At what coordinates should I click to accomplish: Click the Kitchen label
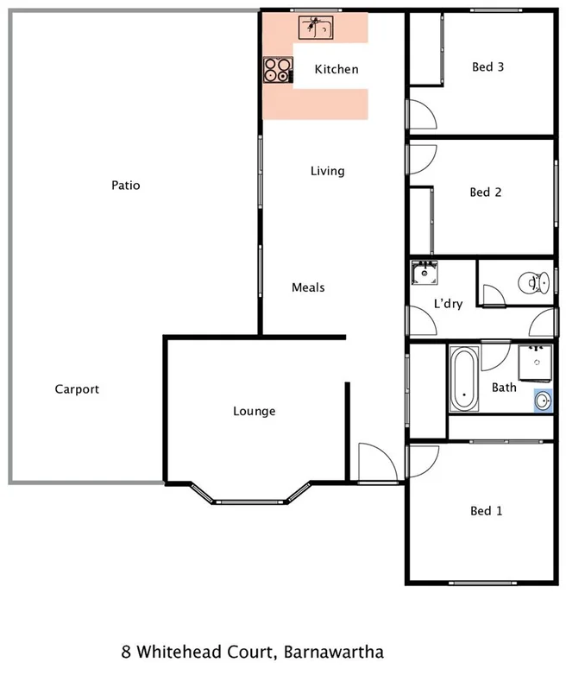point(336,69)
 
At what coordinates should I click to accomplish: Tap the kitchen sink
point(316,28)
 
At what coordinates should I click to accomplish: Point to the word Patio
point(125,185)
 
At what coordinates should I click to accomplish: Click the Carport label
point(77,389)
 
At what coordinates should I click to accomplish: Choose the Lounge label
point(254,411)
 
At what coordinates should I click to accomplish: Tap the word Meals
point(308,287)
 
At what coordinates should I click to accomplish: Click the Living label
point(327,171)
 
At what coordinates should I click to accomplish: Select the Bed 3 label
point(487,66)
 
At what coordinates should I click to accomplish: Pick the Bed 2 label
point(485,192)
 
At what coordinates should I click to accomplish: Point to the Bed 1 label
point(486,511)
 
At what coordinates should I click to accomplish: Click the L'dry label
point(448,304)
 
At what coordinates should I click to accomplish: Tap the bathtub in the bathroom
point(463,378)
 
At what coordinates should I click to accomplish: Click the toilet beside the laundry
point(531,281)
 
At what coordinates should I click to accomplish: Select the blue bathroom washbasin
point(544,401)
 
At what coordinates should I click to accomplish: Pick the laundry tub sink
point(424,274)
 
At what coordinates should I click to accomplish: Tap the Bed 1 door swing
point(421,458)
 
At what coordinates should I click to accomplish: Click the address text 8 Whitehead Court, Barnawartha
point(251,652)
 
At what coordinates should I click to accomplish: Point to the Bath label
point(504,388)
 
